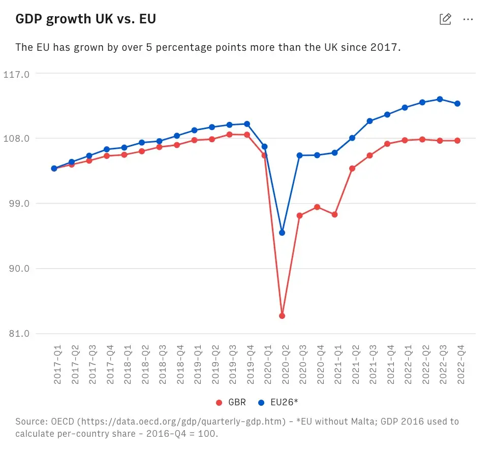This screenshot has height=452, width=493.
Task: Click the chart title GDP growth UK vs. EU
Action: click(x=85, y=19)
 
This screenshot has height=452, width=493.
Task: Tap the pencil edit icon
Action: click(x=445, y=19)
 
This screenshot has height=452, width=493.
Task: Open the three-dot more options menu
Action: click(x=468, y=19)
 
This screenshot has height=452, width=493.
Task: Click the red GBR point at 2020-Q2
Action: click(x=282, y=316)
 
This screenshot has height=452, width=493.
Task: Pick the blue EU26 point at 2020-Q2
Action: click(x=282, y=233)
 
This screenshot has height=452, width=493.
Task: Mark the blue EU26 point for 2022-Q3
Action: click(x=440, y=99)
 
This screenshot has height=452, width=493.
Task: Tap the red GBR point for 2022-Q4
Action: click(x=457, y=141)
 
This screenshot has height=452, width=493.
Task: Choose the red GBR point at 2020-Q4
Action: click(x=317, y=207)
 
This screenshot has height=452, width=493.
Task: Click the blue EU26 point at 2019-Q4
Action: click(x=247, y=124)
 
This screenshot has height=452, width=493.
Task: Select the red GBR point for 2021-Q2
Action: click(x=352, y=168)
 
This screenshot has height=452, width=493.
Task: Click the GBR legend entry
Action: click(x=232, y=402)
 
